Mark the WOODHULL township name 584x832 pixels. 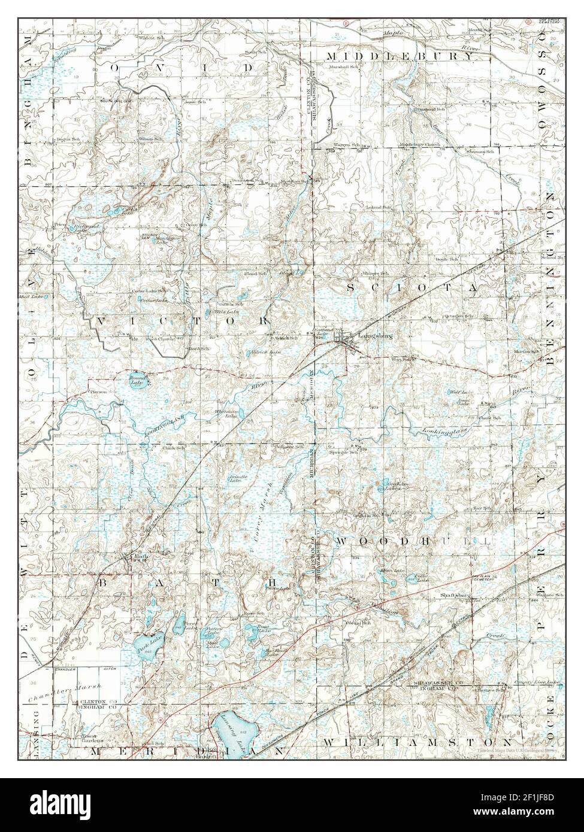pyautogui.click(x=412, y=541)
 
